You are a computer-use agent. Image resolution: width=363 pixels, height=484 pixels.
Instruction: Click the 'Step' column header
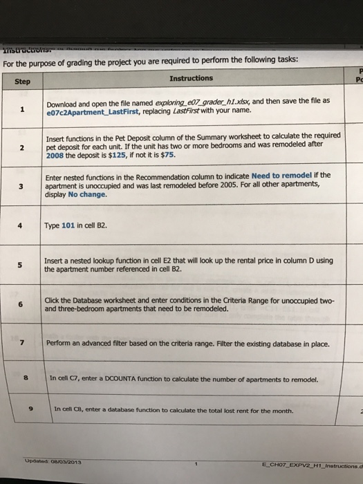click(x=23, y=81)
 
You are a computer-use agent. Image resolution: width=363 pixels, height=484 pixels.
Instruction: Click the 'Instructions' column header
click(x=190, y=78)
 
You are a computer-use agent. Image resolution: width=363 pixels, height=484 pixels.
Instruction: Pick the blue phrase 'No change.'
click(x=88, y=194)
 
